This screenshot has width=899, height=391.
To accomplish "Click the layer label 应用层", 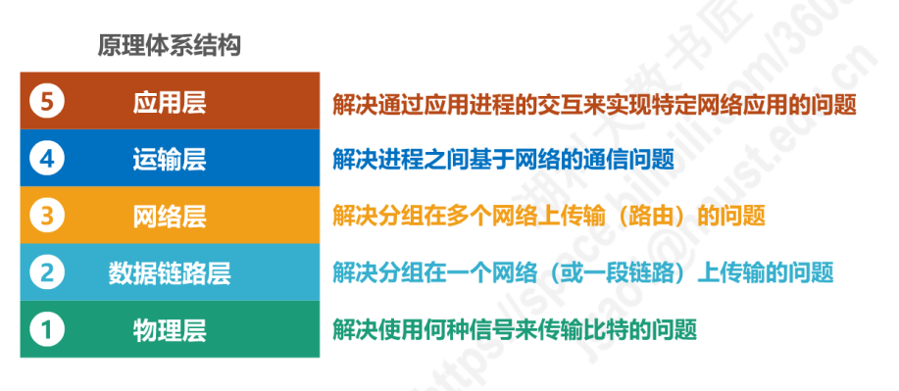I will [169, 103].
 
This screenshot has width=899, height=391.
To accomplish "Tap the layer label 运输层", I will [169, 159].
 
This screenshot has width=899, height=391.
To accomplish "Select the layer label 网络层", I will [169, 215].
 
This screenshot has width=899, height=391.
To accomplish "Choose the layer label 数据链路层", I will [169, 271].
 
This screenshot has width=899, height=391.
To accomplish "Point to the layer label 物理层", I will [169, 328].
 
